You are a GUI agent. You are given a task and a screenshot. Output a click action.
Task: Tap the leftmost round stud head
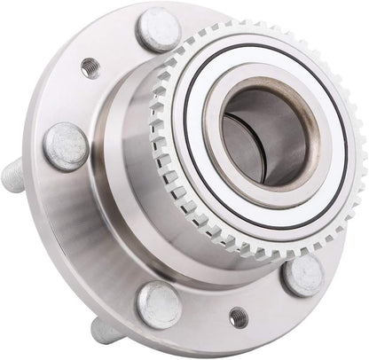(x=67, y=146)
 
